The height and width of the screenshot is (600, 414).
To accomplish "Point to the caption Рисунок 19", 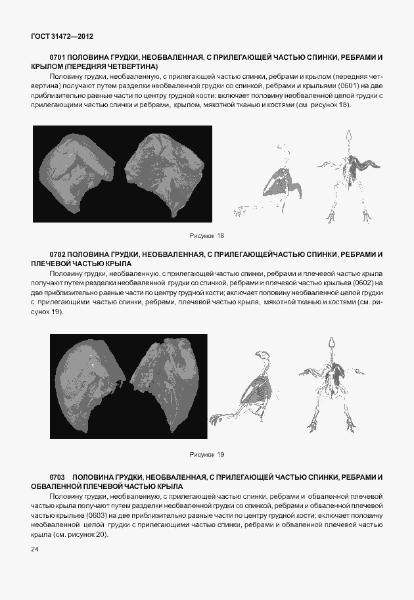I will click(x=206, y=454).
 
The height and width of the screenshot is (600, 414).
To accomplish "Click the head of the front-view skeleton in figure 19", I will click(x=331, y=344).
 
